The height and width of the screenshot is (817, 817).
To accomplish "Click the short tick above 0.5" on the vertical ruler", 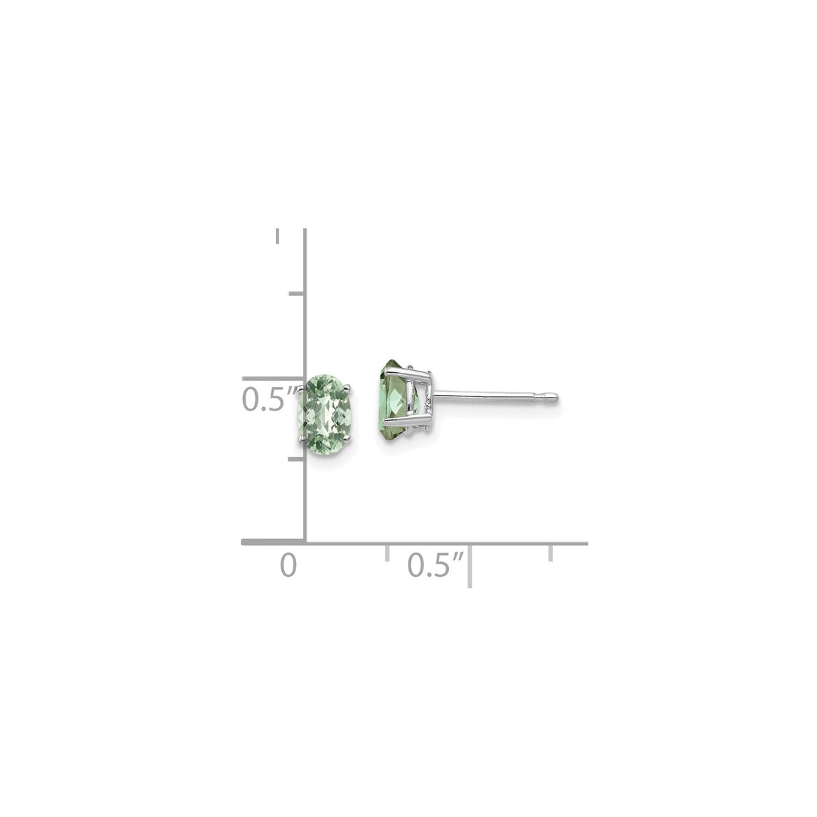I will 297,293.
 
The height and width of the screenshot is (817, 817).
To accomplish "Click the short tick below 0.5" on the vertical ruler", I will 297,459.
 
